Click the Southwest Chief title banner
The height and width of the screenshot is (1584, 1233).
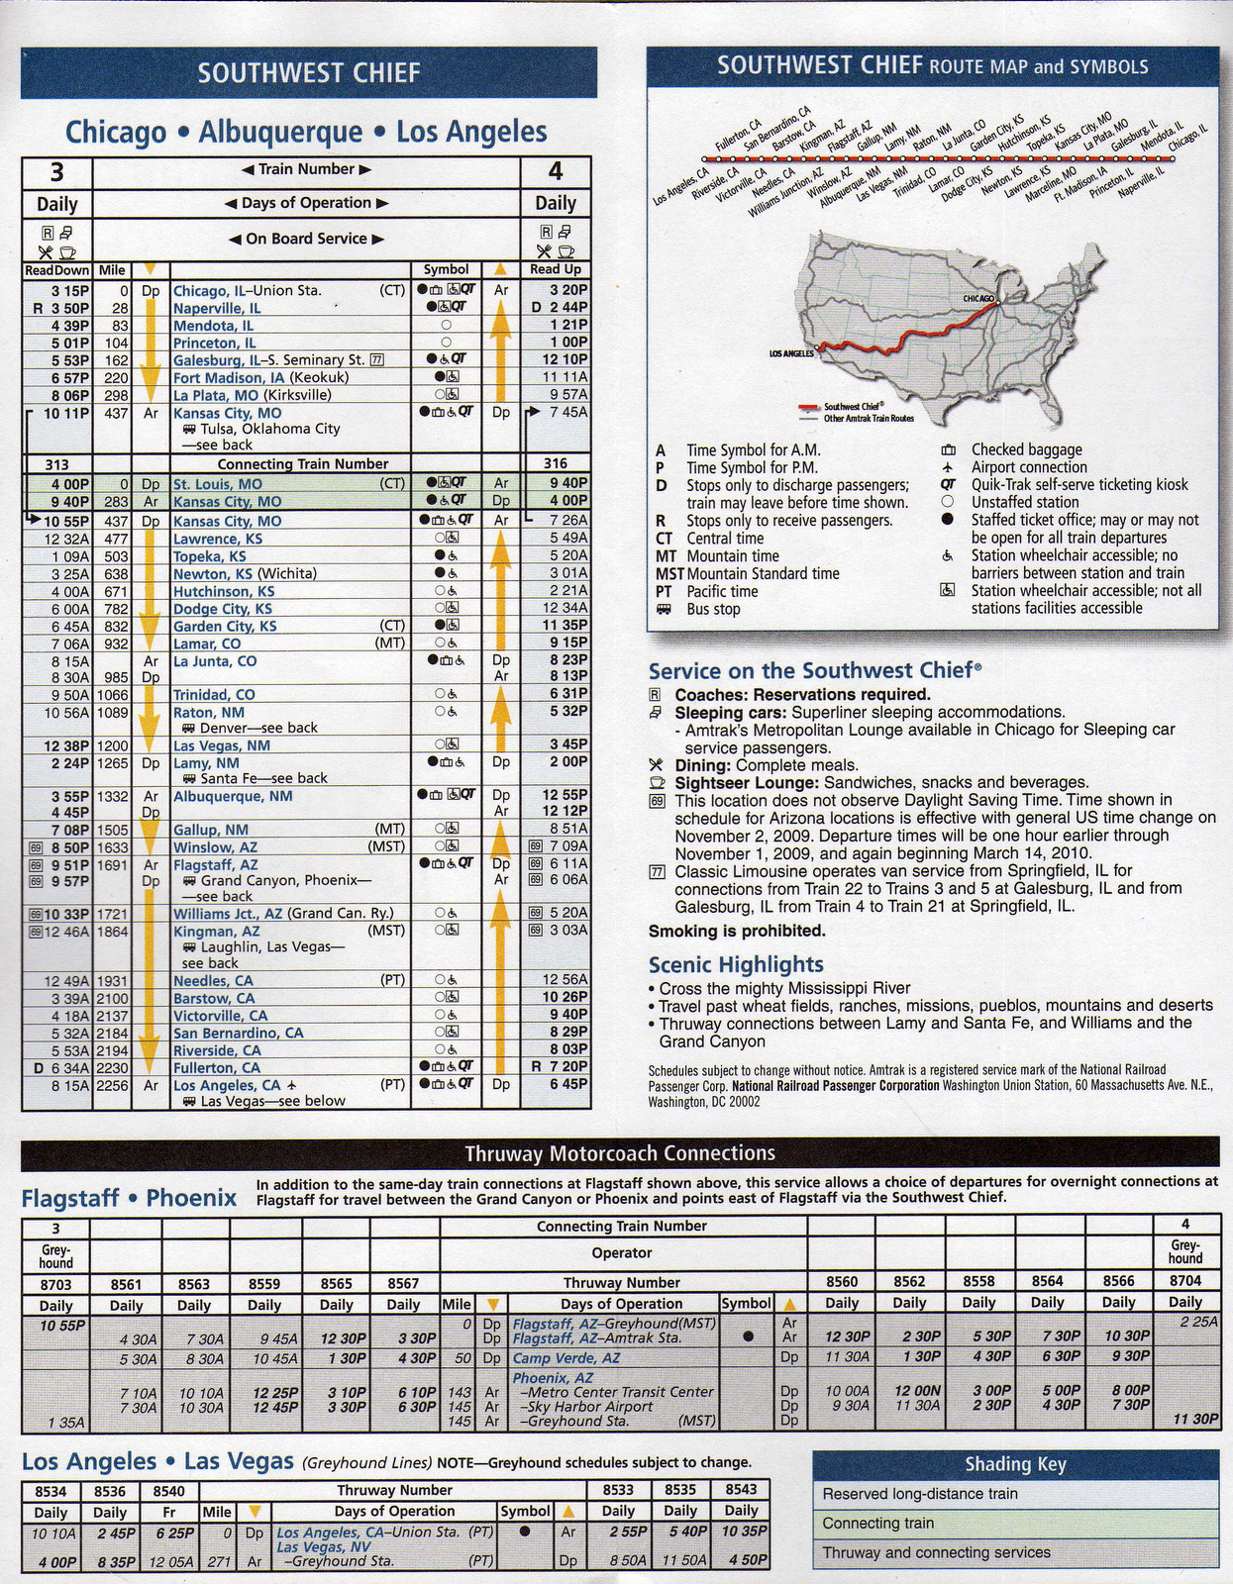(x=308, y=72)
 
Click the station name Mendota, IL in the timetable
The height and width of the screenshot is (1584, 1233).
(x=213, y=326)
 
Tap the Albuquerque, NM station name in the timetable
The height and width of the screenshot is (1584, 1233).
(x=233, y=796)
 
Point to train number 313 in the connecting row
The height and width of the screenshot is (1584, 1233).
(x=56, y=464)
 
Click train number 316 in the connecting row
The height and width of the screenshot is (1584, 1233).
(x=556, y=464)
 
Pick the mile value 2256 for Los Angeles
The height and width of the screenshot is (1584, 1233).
(x=112, y=1085)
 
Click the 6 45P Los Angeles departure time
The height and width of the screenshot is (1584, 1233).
(x=567, y=1084)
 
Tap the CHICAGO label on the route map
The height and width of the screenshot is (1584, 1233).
(x=978, y=298)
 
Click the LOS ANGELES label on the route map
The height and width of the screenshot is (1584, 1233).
(x=791, y=352)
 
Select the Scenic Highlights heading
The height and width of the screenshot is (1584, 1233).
(x=736, y=964)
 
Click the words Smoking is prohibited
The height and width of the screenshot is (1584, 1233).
(x=737, y=931)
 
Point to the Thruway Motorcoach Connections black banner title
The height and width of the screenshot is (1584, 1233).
(x=620, y=1153)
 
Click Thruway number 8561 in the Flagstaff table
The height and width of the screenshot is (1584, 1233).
(x=126, y=1284)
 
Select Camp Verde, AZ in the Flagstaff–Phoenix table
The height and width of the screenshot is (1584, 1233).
(x=566, y=1358)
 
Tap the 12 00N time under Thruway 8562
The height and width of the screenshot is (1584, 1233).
(x=909, y=1391)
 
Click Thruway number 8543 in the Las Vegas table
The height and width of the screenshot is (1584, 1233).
(x=741, y=1490)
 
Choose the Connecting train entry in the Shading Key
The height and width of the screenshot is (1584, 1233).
(x=877, y=1524)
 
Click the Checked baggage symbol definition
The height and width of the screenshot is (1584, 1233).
(x=1026, y=449)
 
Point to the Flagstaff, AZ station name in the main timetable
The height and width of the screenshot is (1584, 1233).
(x=215, y=864)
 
